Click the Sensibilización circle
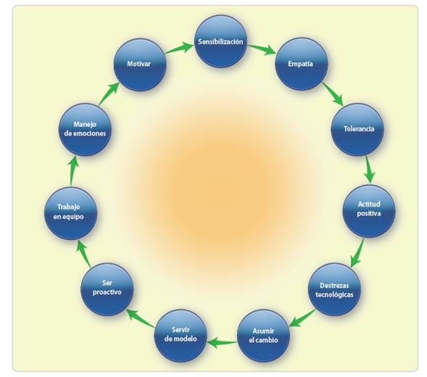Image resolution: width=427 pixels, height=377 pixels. pos(221,41)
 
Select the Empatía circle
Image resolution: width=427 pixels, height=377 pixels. pos(301,64)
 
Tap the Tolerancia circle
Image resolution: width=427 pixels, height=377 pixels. pos(357,129)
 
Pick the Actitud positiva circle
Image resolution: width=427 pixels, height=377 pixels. pos(369,211)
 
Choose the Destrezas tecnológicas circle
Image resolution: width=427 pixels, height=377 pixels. pos(334,289)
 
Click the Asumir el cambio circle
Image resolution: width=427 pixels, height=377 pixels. pos(263,336)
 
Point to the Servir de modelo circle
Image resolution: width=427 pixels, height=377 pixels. pos(181,336)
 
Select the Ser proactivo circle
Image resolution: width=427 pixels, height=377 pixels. pos(107,289)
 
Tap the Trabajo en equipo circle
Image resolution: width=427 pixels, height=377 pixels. pos(70,213)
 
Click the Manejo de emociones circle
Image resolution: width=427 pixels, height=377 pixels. pos(85,129)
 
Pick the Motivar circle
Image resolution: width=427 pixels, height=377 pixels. pos(140,65)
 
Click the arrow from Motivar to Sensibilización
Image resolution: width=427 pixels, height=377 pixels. pos(179,48)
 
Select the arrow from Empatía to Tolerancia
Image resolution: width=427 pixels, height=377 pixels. pos(333,94)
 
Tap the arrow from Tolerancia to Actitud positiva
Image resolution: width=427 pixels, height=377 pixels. pos(369,169)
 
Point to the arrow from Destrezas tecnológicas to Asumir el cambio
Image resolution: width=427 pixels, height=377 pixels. pos(302,318)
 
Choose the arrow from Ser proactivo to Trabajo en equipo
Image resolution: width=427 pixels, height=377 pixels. pos(83,253)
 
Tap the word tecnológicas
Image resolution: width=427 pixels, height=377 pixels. pos(334,295)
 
